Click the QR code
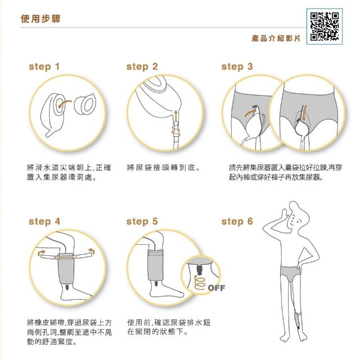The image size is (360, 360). click(325, 26)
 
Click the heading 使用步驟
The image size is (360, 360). click(40, 19)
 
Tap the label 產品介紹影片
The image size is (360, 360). click(276, 38)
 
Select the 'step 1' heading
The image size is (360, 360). click(44, 66)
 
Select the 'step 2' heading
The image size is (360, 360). click(142, 66)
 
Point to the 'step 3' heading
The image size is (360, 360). click(237, 66)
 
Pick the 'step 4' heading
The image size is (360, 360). click(44, 222)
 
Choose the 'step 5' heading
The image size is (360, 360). click(142, 222)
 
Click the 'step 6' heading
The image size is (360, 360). click(237, 222)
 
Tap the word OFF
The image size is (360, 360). click(217, 288)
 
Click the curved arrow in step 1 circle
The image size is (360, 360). click(65, 103)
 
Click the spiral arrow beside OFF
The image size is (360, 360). click(199, 282)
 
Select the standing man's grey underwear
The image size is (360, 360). click(290, 273)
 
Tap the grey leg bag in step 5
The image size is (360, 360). click(155, 265)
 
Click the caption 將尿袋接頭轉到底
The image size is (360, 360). click(164, 168)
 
